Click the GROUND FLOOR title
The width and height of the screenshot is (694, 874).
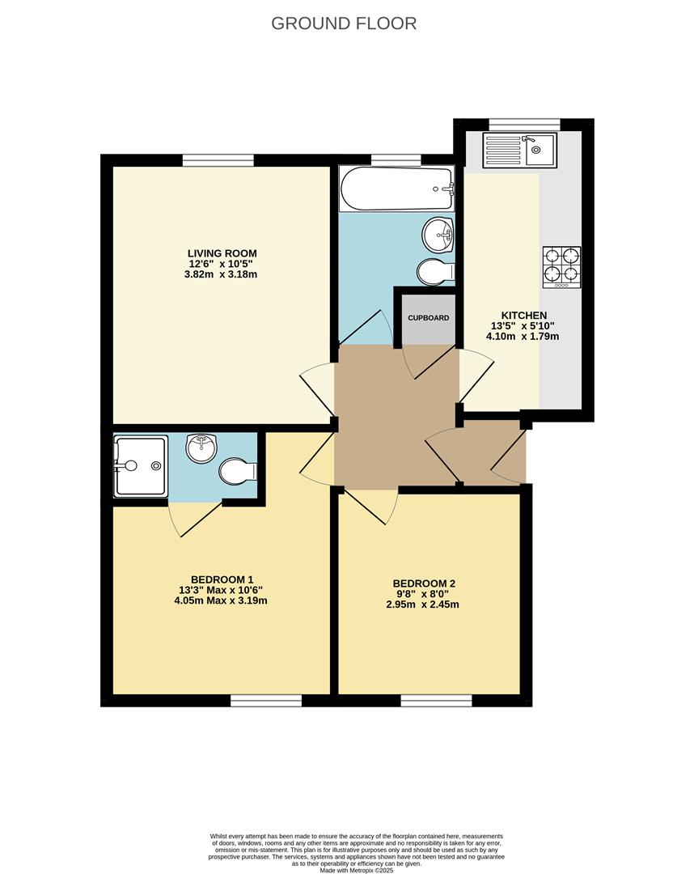click(x=344, y=23)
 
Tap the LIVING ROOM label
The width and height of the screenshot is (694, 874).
click(x=222, y=253)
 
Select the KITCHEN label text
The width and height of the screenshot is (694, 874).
click(x=524, y=316)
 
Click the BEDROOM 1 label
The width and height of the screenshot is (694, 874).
click(x=221, y=579)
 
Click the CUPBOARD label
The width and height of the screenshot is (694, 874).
click(x=428, y=318)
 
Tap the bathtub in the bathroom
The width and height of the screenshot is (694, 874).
click(x=396, y=189)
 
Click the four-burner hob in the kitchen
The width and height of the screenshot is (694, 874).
click(x=561, y=267)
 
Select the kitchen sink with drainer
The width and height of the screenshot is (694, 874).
click(x=518, y=151)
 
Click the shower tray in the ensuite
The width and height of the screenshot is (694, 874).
click(x=141, y=465)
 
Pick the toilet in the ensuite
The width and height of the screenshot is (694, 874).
click(x=237, y=471)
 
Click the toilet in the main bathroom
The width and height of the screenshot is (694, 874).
click(x=435, y=272)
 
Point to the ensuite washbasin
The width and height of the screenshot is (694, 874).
click(x=201, y=448)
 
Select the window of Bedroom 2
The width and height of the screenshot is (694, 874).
click(x=436, y=700)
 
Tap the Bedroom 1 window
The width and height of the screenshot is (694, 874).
click(x=266, y=700)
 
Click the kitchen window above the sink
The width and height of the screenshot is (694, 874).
click(x=524, y=124)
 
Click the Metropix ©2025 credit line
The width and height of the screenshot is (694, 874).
click(x=357, y=870)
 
